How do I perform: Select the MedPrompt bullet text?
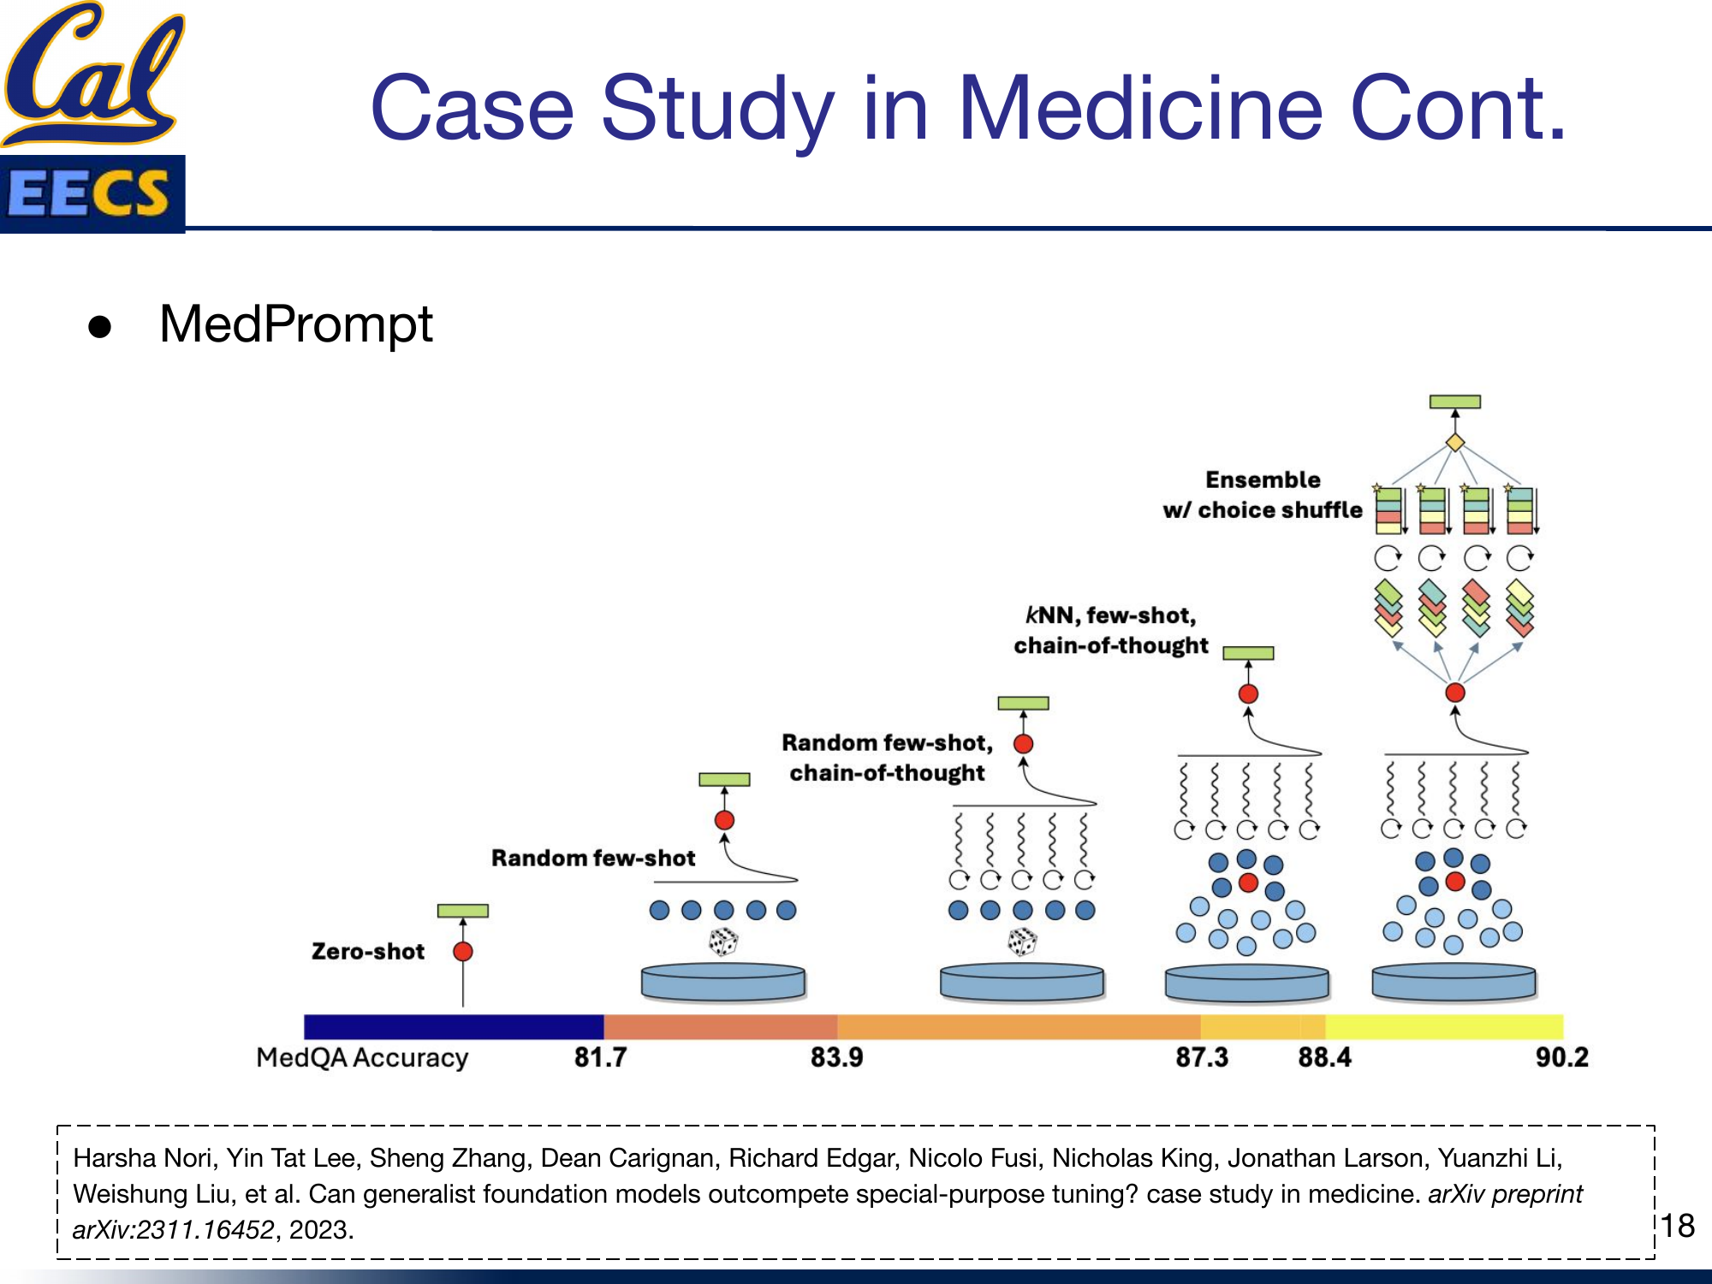pos(295,324)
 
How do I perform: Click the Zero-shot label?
pos(368,951)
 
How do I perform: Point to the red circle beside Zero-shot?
pos(463,951)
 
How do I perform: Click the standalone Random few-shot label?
pos(593,858)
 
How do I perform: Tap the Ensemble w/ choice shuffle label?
pos(1263,495)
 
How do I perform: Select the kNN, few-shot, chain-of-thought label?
pos(1110,630)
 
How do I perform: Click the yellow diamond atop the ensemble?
pos(1454,443)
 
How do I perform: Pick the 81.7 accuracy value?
pos(600,1057)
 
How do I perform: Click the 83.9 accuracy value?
pos(836,1057)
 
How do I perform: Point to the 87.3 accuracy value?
pos(1201,1057)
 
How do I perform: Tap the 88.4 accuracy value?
pos(1324,1057)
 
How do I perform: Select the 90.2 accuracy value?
pos(1561,1057)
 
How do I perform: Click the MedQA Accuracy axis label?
pos(362,1057)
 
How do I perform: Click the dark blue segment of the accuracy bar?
pos(454,1026)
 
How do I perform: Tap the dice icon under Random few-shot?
pos(723,942)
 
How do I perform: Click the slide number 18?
pos(1678,1226)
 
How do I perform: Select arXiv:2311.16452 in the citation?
pos(173,1230)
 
